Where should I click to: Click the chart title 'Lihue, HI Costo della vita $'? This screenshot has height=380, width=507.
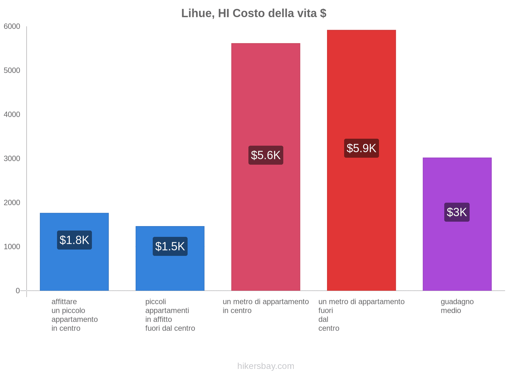click(253, 13)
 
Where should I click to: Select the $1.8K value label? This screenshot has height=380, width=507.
click(74, 240)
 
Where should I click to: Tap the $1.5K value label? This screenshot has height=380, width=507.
click(170, 246)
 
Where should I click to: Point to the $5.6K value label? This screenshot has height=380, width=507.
click(266, 155)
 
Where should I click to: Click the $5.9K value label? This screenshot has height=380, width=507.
click(361, 148)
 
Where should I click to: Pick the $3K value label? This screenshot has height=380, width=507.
click(457, 212)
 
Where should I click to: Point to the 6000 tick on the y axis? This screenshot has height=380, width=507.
click(12, 27)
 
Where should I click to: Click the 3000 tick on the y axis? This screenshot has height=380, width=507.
click(12, 159)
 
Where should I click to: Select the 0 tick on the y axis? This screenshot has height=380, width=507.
click(18, 291)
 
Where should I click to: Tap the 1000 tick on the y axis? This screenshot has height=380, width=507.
click(12, 247)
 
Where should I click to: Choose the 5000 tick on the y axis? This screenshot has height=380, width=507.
click(12, 71)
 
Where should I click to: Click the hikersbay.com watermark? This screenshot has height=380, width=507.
click(266, 366)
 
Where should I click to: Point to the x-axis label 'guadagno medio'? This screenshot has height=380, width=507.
click(457, 306)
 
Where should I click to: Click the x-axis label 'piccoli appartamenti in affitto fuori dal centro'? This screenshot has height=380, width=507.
click(170, 315)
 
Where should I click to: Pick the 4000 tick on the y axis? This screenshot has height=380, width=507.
click(12, 115)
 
